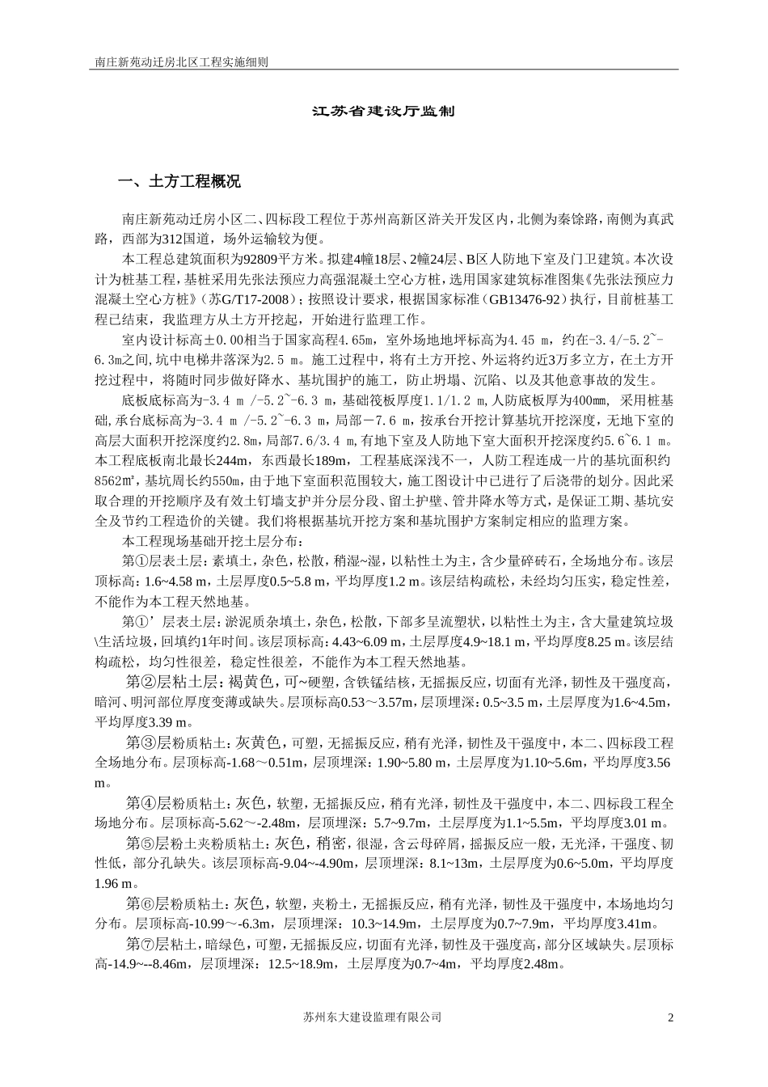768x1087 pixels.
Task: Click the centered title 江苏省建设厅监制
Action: (383, 111)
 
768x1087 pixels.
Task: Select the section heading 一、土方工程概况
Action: (179, 182)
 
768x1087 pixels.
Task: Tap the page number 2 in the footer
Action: (670, 1017)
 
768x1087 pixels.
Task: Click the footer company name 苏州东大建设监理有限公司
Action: (370, 1017)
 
